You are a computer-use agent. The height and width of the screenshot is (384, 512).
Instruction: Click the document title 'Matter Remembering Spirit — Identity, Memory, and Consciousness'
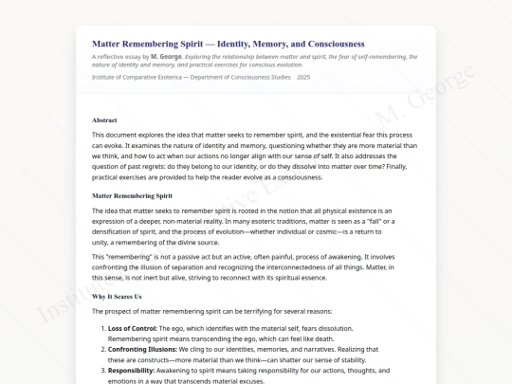tap(228, 44)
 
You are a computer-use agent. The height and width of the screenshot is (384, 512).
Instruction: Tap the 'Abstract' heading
tap(105, 120)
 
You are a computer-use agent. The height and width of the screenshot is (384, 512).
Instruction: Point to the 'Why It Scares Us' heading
tap(117, 297)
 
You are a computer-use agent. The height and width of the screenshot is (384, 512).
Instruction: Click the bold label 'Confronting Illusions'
tap(141, 349)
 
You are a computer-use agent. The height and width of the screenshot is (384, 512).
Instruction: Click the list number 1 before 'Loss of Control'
tap(102, 327)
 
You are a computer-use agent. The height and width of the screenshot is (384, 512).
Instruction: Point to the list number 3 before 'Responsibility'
tap(102, 372)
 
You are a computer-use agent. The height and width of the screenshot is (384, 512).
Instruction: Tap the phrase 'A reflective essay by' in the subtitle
tap(120, 56)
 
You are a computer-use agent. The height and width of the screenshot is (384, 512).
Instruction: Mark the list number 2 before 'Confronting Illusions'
tap(102, 349)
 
